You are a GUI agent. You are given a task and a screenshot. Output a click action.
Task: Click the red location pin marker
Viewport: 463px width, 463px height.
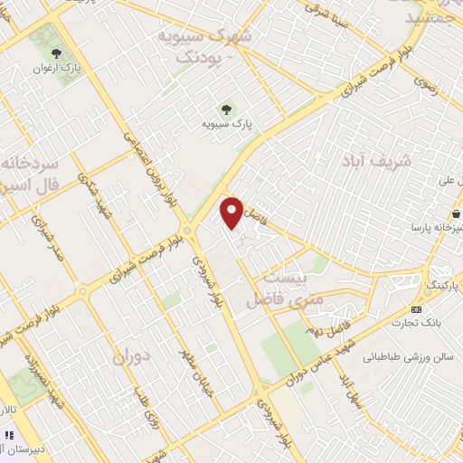click(x=233, y=211)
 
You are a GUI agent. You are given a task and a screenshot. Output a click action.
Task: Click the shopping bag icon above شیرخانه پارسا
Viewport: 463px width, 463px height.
click(x=458, y=215)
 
